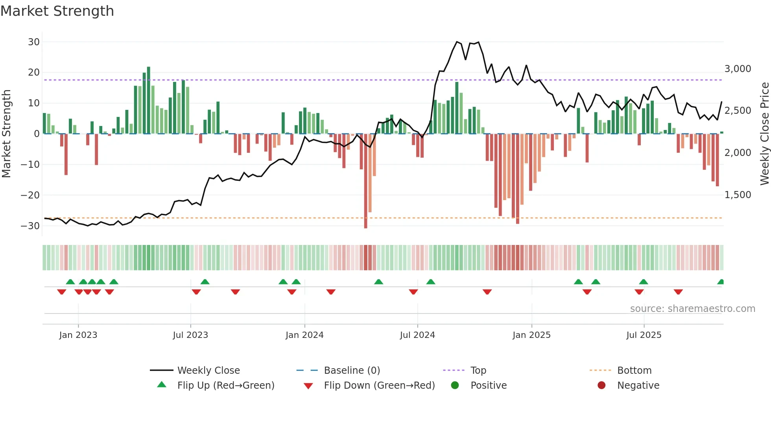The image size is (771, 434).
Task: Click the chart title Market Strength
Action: pyautogui.click(x=57, y=11)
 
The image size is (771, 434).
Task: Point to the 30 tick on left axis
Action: pyautogui.click(x=34, y=42)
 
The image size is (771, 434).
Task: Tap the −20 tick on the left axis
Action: pyautogui.click(x=30, y=195)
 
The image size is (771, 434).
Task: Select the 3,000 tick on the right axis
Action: pyautogui.click(x=738, y=69)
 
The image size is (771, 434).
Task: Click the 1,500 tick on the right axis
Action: pyautogui.click(x=738, y=195)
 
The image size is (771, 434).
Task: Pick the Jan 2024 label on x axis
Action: pyautogui.click(x=304, y=335)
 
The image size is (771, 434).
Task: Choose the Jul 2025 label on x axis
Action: pyautogui.click(x=644, y=335)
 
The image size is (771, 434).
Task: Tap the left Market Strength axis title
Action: pyautogui.click(x=6, y=134)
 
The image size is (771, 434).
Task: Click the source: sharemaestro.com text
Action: pyautogui.click(x=692, y=309)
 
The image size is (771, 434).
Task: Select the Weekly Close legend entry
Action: pyautogui.click(x=208, y=371)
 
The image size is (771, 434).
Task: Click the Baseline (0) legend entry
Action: pyautogui.click(x=352, y=371)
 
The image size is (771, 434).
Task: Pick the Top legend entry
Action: pyautogui.click(x=478, y=371)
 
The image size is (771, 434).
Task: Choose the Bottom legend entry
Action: pyautogui.click(x=634, y=371)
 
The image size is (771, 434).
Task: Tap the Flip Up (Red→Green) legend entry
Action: pyautogui.click(x=225, y=386)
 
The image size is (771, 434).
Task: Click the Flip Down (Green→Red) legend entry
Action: pyautogui.click(x=379, y=386)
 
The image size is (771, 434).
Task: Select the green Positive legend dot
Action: pyautogui.click(x=455, y=386)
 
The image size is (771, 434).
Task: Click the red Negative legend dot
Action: pyautogui.click(x=601, y=386)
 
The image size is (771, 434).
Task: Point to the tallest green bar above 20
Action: pyautogui.click(x=148, y=100)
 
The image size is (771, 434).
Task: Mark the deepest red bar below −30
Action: pyautogui.click(x=365, y=181)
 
